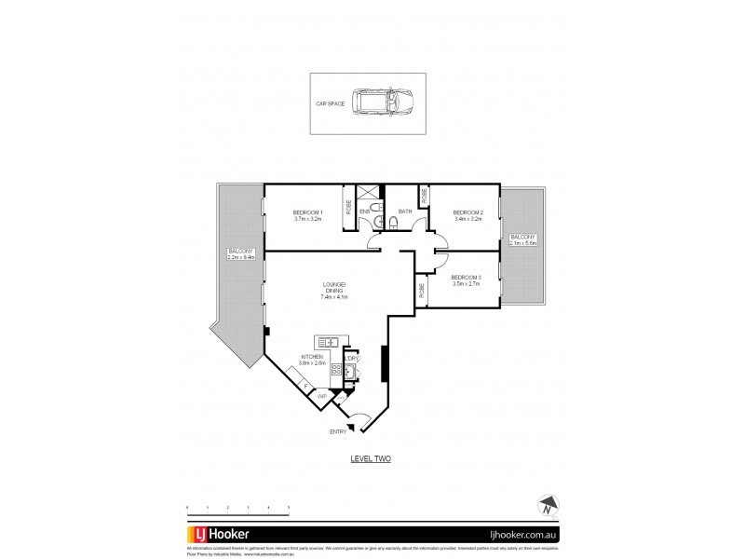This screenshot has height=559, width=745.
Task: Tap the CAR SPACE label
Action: pos(331,103)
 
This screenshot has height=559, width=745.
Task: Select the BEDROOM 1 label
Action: pos(307,213)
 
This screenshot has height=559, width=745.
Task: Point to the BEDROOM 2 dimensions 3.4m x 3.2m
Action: pos(467,220)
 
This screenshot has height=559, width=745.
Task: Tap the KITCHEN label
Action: pos(312,357)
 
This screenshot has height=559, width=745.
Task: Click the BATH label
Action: pos(404,212)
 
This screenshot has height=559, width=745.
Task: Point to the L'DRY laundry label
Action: pos(351,358)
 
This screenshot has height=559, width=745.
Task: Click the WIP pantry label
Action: pos(321,396)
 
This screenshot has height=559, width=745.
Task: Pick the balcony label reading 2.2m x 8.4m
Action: pos(241,254)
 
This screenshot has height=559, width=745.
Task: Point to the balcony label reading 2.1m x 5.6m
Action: pos(522,240)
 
